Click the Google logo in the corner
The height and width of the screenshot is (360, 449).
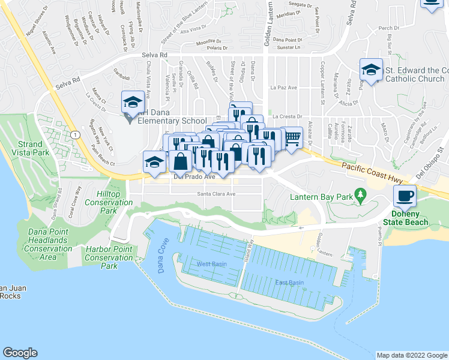(x=20, y=353)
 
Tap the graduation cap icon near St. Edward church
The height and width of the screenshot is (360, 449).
(x=371, y=70)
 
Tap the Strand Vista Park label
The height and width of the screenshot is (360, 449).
(x=25, y=149)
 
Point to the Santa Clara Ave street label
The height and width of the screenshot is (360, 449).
(x=216, y=194)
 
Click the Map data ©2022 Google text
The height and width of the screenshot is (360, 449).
(x=411, y=355)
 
